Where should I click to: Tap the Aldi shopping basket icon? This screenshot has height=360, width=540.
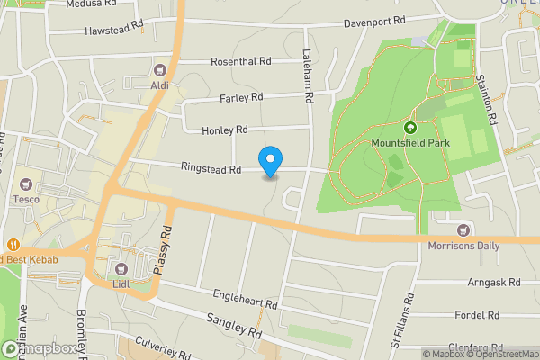(x=161, y=69)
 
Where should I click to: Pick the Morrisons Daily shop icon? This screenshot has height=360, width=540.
(x=463, y=230)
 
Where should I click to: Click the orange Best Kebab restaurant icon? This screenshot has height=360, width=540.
(x=13, y=245)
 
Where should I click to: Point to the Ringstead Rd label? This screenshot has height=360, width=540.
(x=211, y=168)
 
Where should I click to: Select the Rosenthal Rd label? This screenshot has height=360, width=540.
(x=240, y=62)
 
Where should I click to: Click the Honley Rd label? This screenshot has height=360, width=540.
(x=225, y=130)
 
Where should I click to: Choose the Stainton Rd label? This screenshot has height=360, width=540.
(x=486, y=99)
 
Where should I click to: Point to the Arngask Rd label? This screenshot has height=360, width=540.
(x=494, y=282)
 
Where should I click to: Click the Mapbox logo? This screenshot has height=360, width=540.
(x=38, y=348)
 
